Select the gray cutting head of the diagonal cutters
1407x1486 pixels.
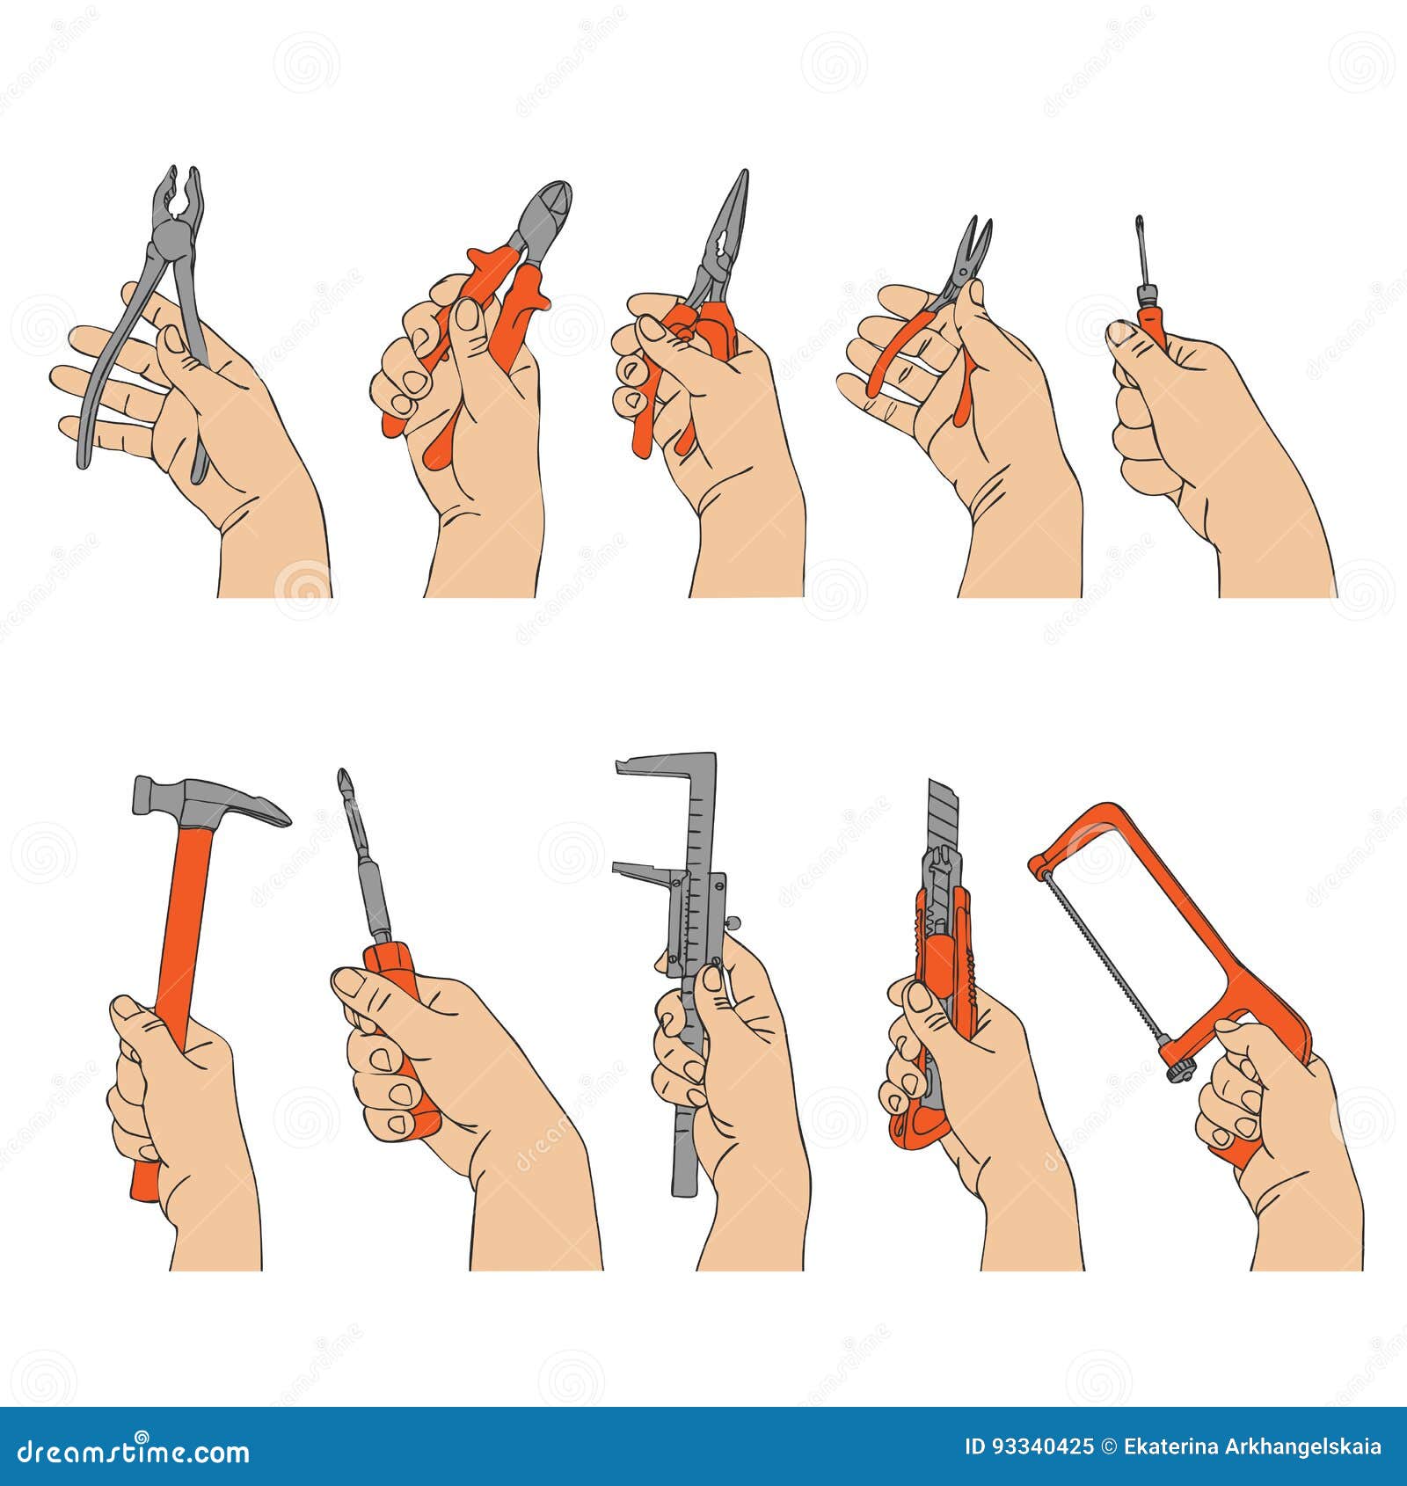543,215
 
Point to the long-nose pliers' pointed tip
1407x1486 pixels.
743,180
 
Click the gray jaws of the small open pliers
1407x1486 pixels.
974,246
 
